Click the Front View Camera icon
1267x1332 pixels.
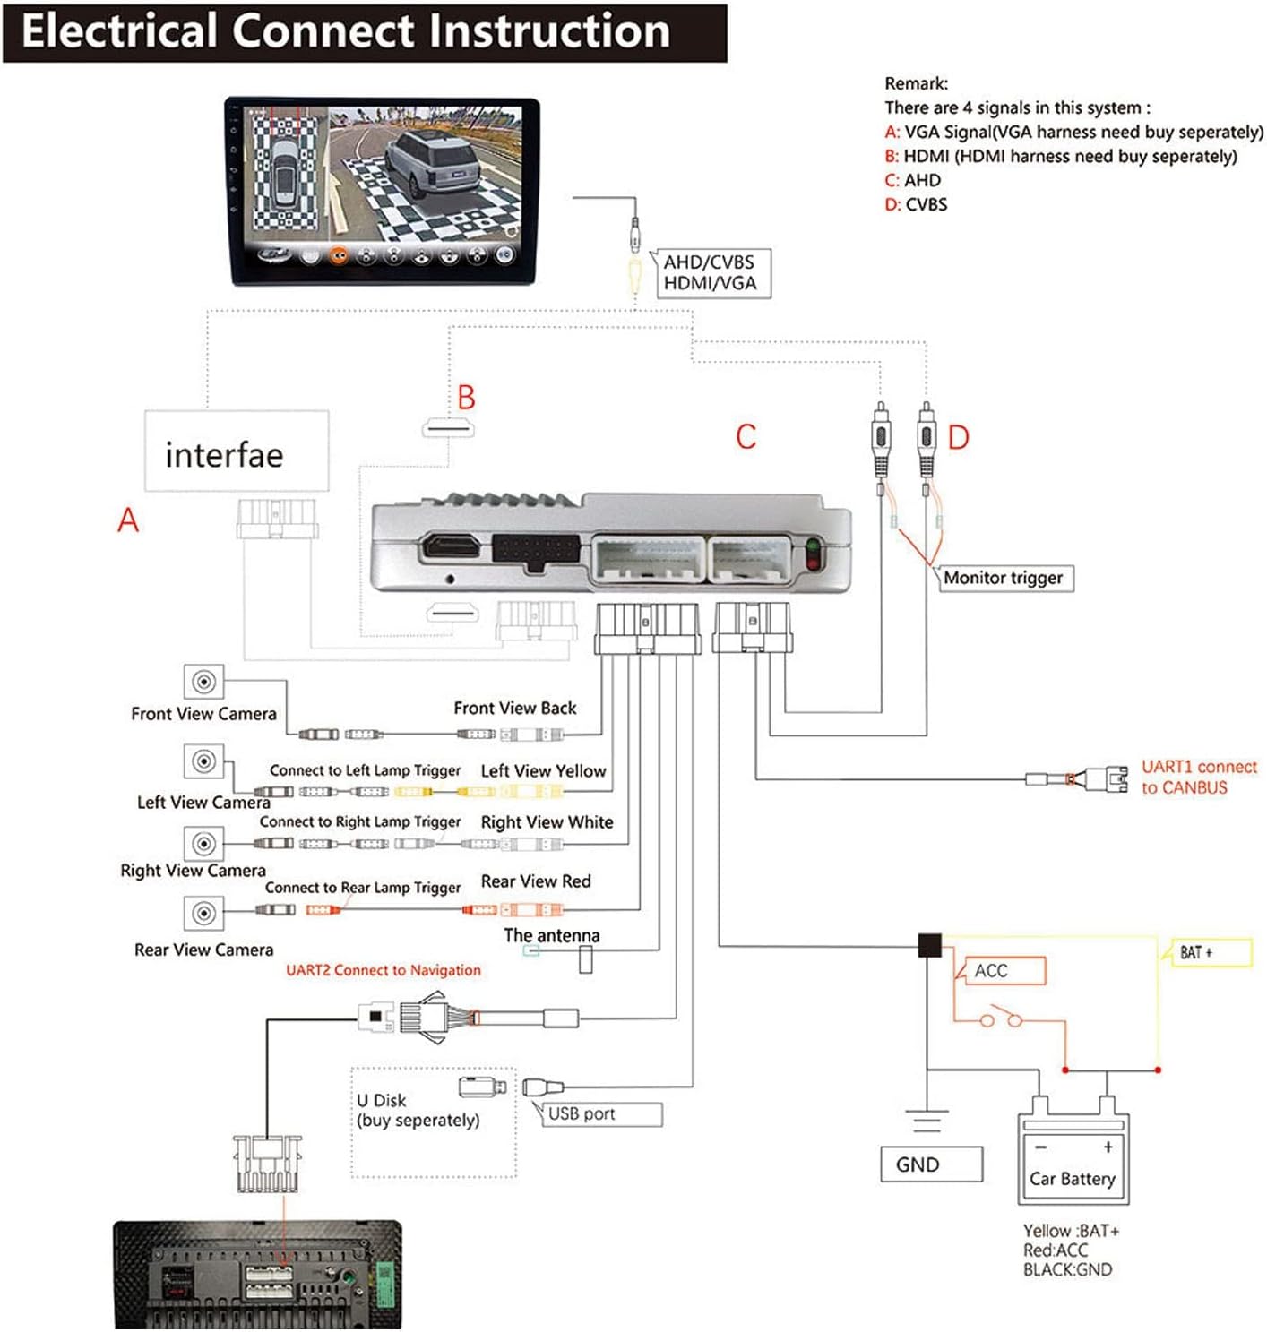point(203,682)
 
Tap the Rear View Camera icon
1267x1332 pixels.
point(203,913)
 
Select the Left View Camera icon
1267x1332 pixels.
point(203,761)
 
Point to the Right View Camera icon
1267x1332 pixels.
point(203,843)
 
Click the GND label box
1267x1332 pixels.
point(931,1164)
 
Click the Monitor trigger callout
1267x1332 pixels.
point(1004,578)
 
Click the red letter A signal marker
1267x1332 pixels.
point(128,520)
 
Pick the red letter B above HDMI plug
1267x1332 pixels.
point(466,397)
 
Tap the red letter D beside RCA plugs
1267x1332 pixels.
point(958,437)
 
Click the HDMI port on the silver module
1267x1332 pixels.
point(452,547)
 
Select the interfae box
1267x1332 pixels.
point(237,451)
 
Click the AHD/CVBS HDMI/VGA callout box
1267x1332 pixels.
point(711,273)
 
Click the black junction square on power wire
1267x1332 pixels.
point(929,945)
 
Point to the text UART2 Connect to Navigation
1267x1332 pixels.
point(383,970)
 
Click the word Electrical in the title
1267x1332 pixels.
point(120,31)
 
